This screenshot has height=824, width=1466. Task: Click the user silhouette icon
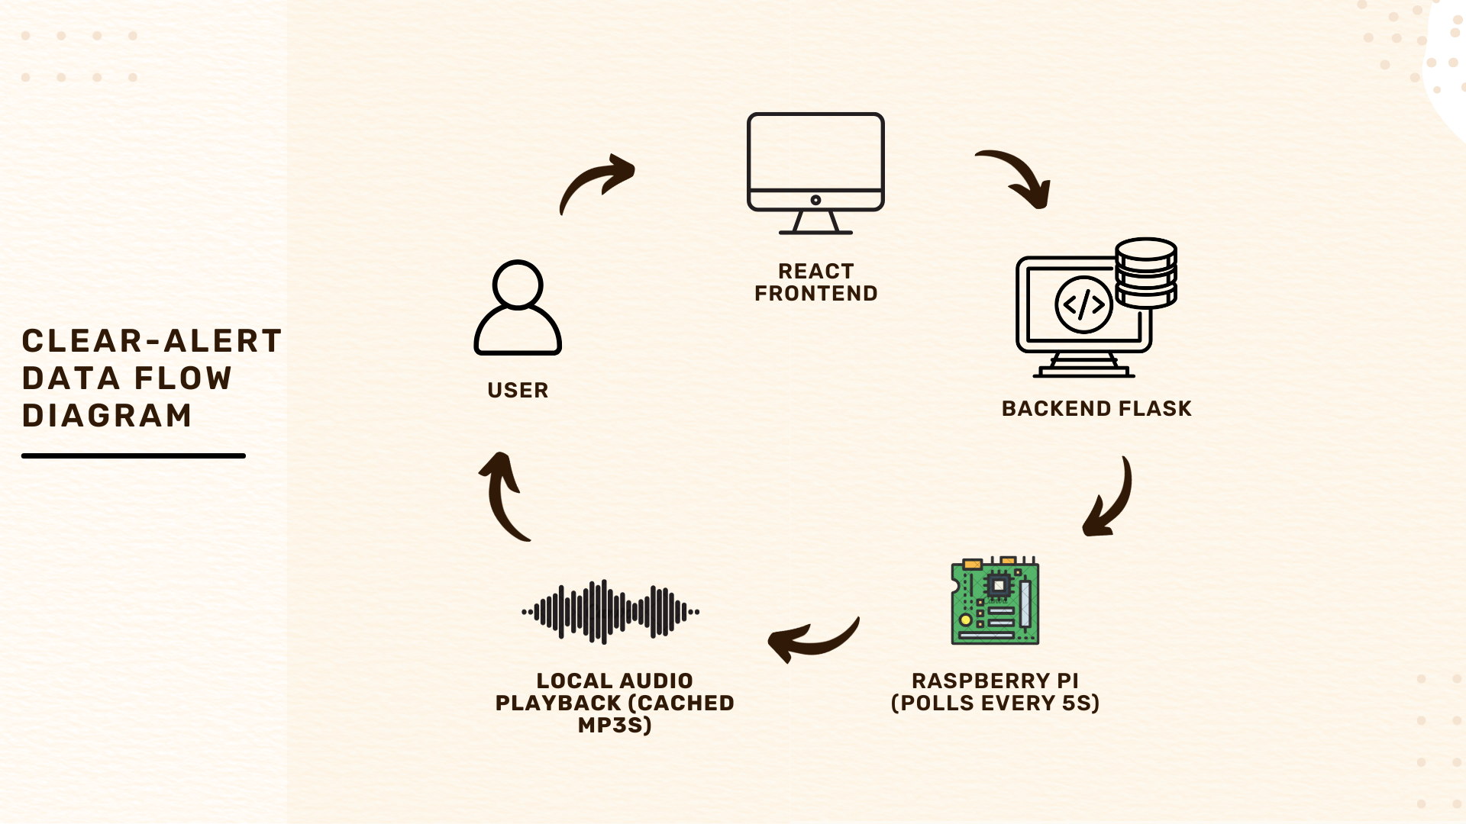518,308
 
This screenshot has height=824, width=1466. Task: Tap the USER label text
518,390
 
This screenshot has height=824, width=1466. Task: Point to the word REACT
815,271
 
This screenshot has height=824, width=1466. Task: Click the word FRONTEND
815,294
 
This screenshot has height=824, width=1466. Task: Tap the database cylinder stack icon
1145,272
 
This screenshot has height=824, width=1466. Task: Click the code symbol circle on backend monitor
1083,305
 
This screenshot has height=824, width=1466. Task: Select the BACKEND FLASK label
1096,409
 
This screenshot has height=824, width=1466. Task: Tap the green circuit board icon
995,601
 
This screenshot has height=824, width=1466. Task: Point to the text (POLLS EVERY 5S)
995,703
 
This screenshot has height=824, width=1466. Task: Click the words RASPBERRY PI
995,681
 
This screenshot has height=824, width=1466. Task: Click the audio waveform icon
610,611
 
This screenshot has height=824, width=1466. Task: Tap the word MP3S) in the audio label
615,725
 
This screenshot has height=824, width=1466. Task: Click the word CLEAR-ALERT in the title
152,341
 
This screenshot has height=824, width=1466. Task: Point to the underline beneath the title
134,455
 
